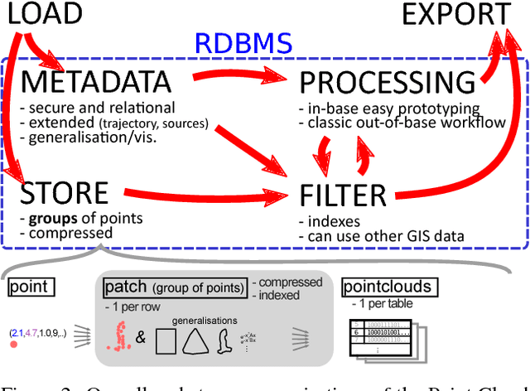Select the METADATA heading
(96, 82)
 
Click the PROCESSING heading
(387, 82)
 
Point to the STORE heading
(65, 194)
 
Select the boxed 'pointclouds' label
(388, 288)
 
